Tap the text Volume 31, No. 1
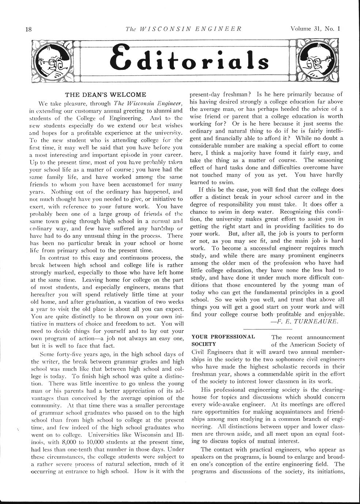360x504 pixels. click(x=315, y=29)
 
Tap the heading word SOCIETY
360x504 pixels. click(x=204, y=344)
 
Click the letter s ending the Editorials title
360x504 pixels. click(x=262, y=62)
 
